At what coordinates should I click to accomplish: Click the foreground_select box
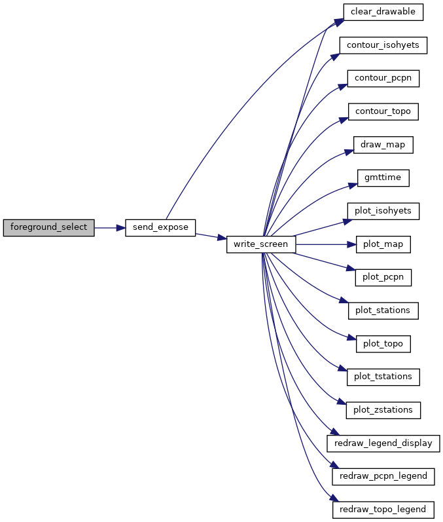(48, 228)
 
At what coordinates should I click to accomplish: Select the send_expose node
(160, 228)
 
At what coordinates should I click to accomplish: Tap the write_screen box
(261, 244)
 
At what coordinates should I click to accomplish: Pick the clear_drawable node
(383, 12)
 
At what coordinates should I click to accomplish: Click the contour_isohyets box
(383, 45)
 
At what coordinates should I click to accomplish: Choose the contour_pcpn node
(383, 79)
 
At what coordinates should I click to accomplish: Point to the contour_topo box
(383, 111)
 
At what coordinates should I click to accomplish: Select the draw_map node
(383, 145)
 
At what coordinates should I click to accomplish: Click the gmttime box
(383, 178)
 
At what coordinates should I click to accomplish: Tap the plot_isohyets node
(383, 211)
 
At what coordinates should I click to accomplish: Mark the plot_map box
(383, 244)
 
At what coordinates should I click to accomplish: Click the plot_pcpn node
(383, 278)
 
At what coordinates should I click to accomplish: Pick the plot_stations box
(383, 311)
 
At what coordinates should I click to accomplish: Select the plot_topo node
(383, 344)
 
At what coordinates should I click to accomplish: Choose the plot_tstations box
(383, 377)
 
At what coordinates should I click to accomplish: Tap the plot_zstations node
(383, 411)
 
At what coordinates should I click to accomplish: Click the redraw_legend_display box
(383, 443)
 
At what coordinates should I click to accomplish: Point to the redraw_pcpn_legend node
(383, 477)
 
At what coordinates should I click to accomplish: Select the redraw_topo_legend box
(383, 510)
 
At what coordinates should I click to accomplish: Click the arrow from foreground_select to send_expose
(110, 228)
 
